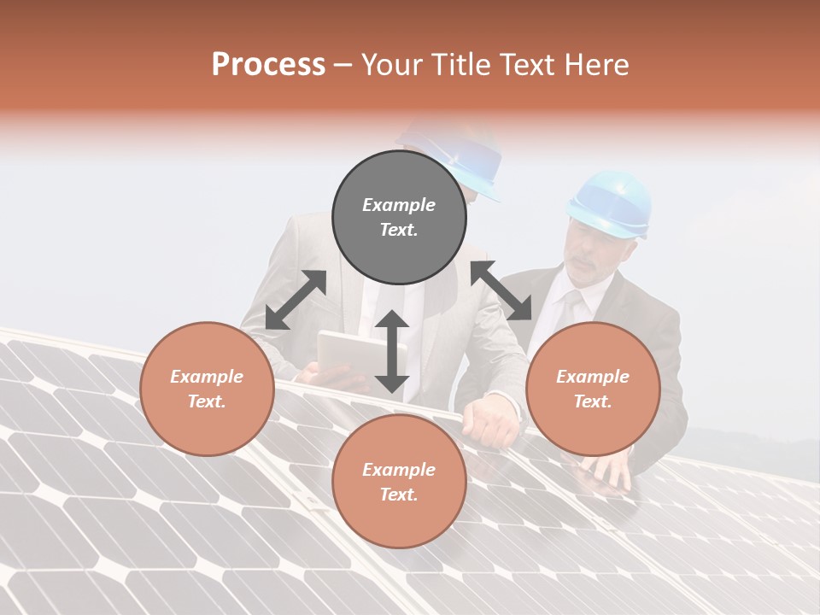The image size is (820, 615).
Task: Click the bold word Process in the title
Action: (268, 65)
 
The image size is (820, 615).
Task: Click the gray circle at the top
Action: (399, 218)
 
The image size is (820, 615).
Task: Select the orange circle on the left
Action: (207, 389)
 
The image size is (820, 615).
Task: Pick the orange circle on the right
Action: (593, 389)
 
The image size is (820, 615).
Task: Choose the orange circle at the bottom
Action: (399, 482)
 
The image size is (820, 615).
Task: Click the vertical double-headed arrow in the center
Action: (392, 351)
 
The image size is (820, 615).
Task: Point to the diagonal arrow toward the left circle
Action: (296, 300)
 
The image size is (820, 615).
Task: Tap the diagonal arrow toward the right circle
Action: (501, 290)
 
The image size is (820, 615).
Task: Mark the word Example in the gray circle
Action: (399, 205)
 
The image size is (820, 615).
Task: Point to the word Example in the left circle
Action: (207, 377)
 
